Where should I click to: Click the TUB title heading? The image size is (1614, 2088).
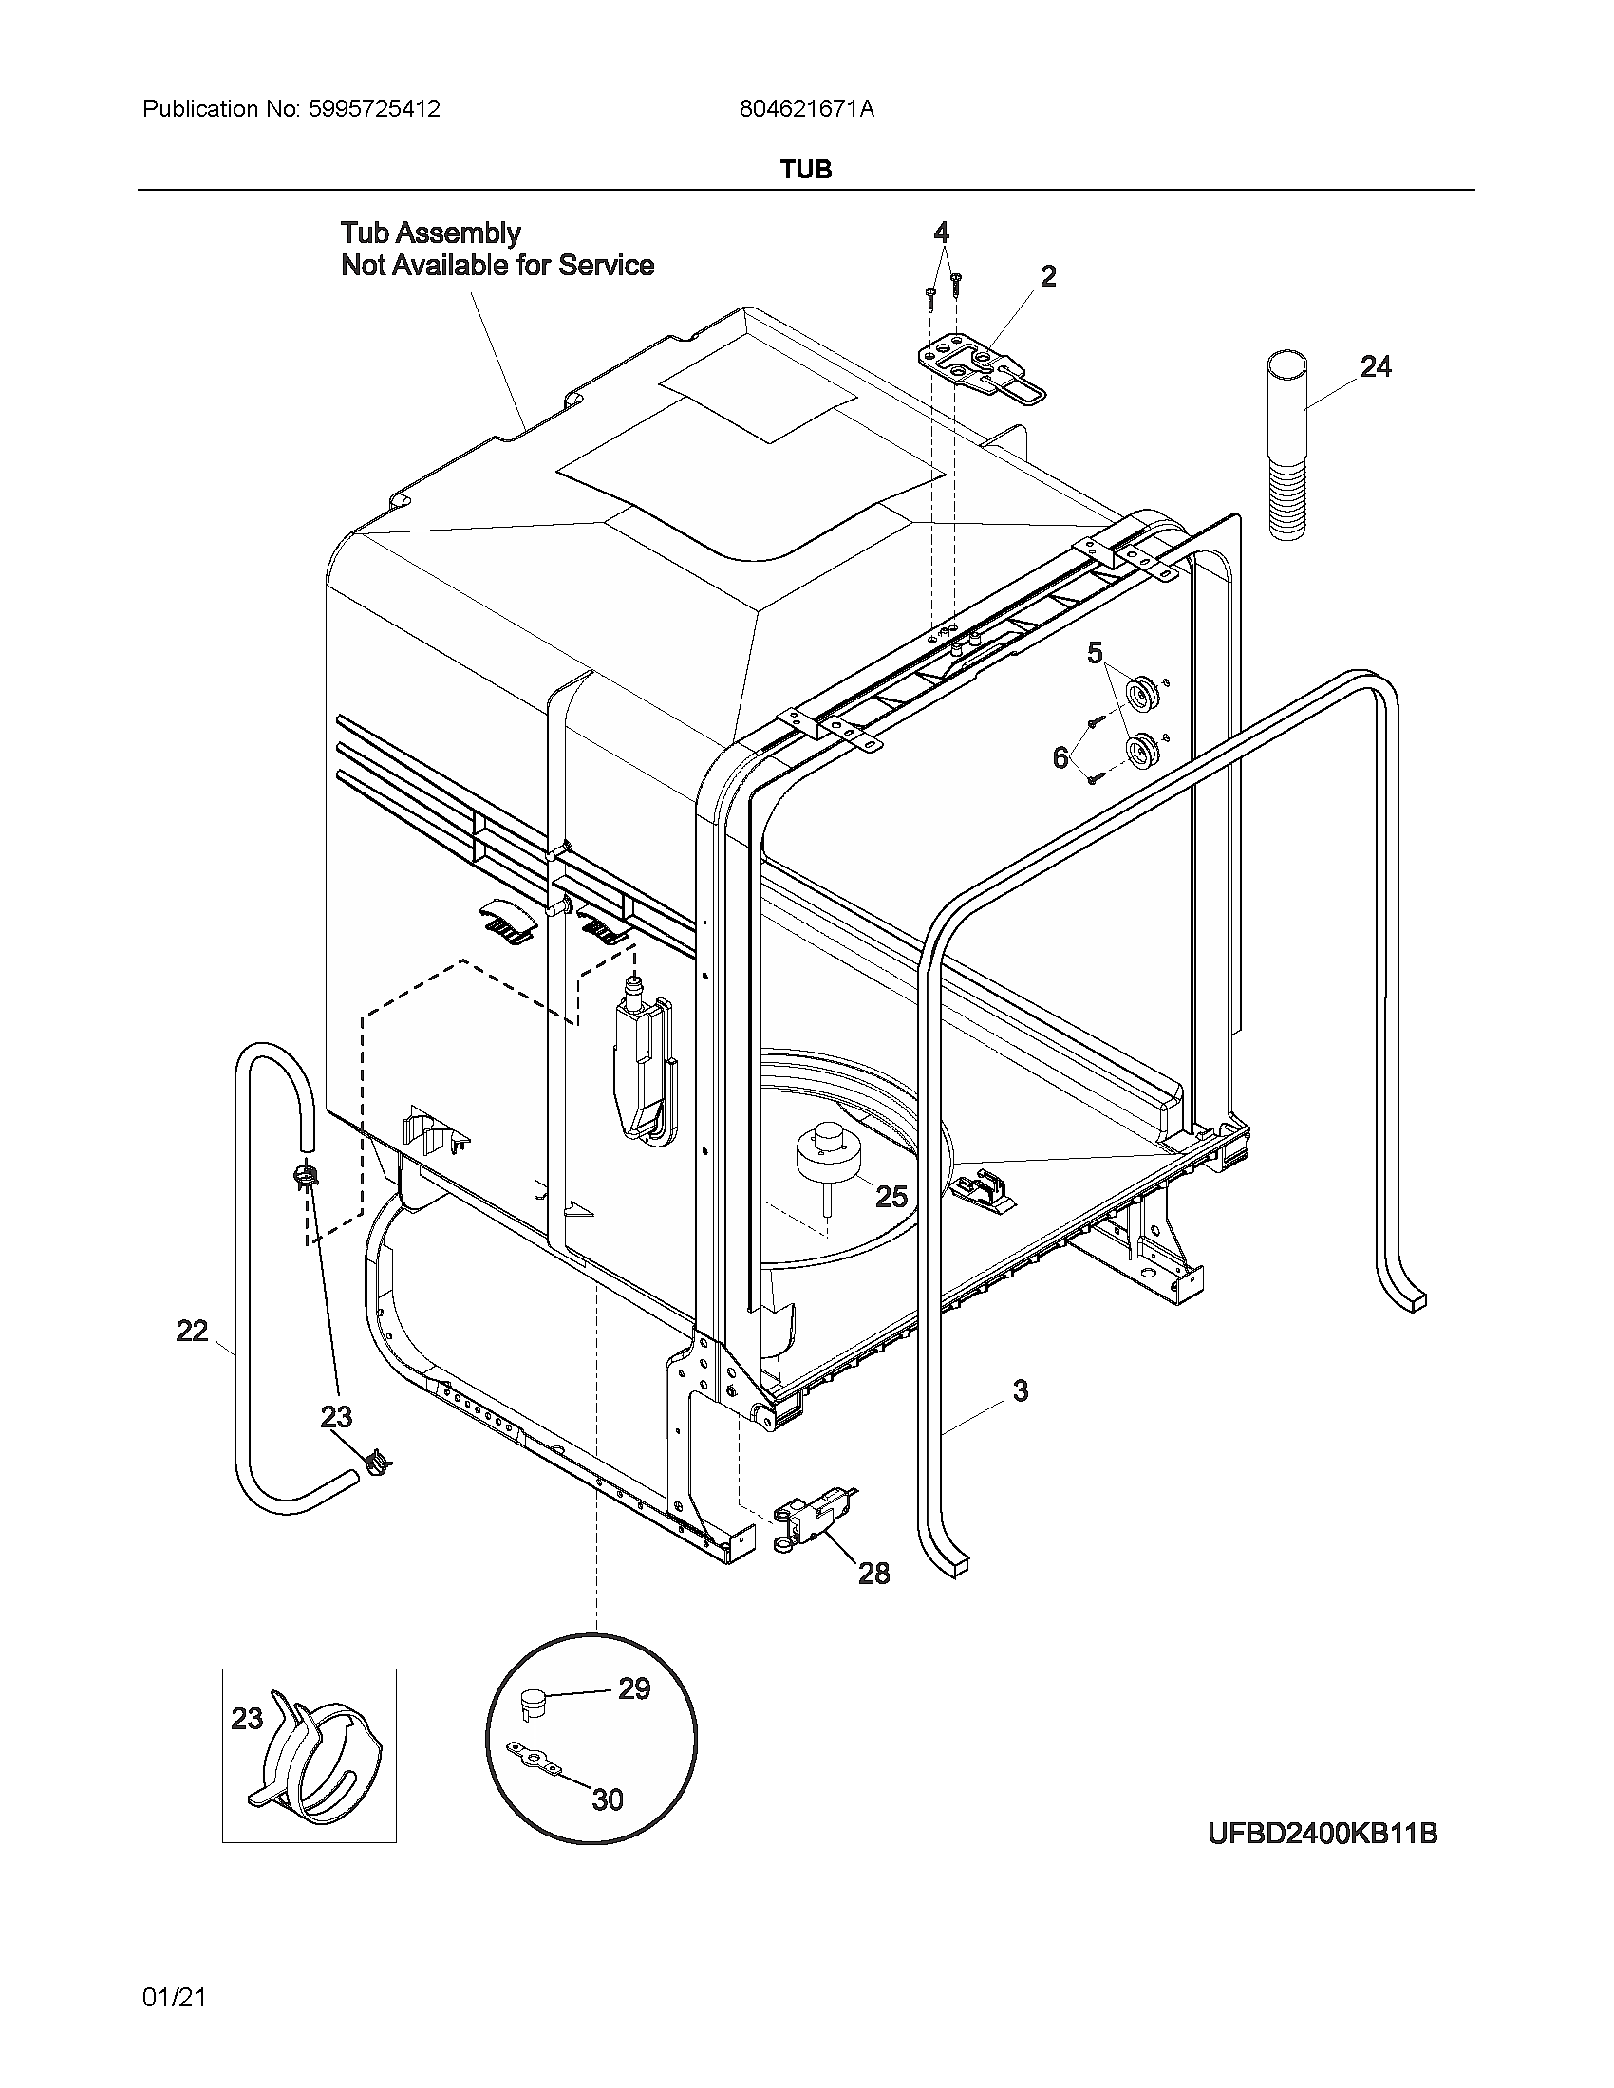pyautogui.click(x=806, y=170)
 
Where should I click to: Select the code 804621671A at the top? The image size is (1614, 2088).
pyautogui.click(x=806, y=109)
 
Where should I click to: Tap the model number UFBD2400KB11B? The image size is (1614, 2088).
pyautogui.click(x=1323, y=1834)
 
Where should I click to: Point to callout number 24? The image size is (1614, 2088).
pyautogui.click(x=1375, y=367)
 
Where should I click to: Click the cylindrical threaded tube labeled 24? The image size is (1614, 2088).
pyautogui.click(x=1287, y=447)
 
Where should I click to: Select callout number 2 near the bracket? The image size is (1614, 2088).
pyautogui.click(x=1048, y=277)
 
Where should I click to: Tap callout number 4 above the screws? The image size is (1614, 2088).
pyautogui.click(x=941, y=233)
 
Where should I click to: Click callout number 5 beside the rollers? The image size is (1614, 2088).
pyautogui.click(x=1095, y=654)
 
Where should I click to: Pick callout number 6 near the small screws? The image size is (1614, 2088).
pyautogui.click(x=1060, y=758)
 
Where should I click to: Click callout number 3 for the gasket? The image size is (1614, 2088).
pyautogui.click(x=1021, y=1391)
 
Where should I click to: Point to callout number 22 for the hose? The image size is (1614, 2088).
pyautogui.click(x=192, y=1331)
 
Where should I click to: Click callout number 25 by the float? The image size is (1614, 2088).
pyautogui.click(x=891, y=1197)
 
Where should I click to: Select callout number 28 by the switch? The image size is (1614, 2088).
pyautogui.click(x=873, y=1574)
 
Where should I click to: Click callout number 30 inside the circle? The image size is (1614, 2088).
pyautogui.click(x=608, y=1800)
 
